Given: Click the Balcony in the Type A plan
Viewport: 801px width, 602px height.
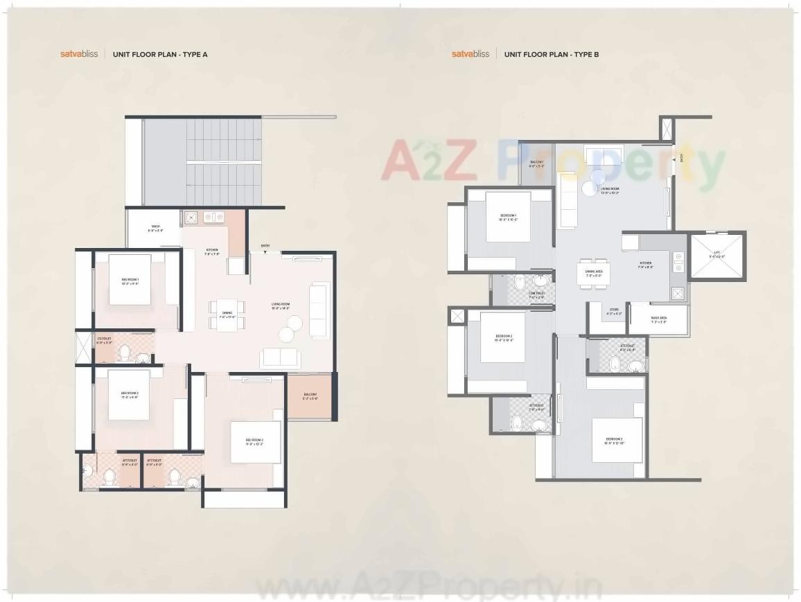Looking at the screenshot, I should [x=310, y=396].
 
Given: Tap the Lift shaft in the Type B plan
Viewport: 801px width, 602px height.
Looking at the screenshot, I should [x=716, y=255].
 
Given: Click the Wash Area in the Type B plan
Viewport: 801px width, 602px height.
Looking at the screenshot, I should [x=658, y=319].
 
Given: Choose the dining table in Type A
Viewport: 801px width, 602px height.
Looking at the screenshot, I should [x=227, y=315].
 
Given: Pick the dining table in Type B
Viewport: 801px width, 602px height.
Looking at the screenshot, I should [x=593, y=272].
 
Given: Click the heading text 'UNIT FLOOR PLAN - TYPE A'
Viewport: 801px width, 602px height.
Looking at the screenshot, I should [x=160, y=53].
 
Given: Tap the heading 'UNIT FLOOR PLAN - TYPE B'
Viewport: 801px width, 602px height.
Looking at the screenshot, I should [x=552, y=53].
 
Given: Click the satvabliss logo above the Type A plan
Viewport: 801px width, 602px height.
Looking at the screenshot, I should [x=79, y=53].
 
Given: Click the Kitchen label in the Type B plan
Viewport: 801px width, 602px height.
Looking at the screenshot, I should [x=646, y=265].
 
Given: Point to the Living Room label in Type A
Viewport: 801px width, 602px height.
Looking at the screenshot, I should [x=280, y=306].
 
